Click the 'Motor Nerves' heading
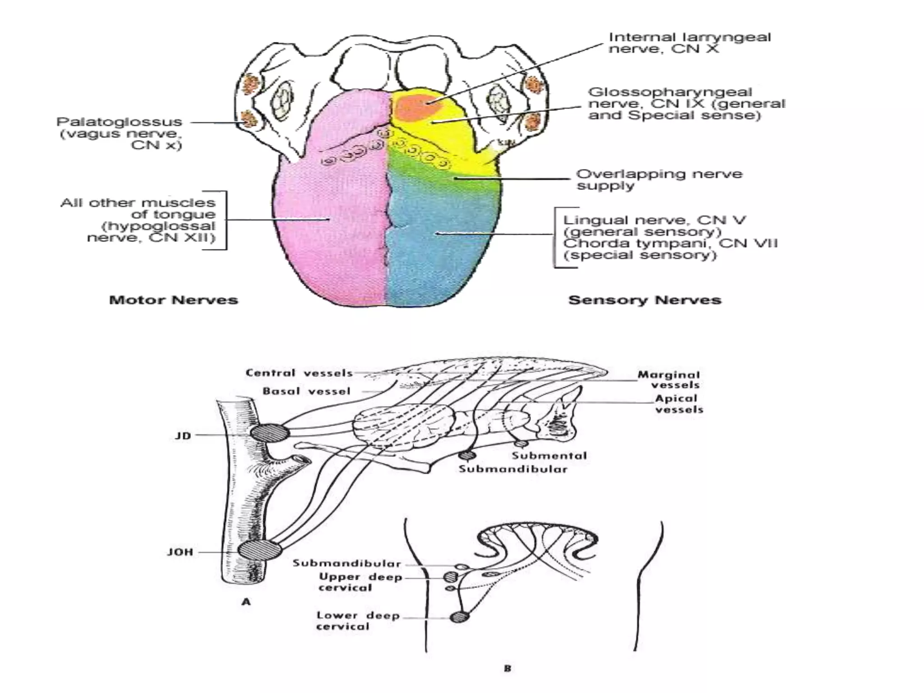(x=173, y=300)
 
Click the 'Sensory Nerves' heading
(x=645, y=300)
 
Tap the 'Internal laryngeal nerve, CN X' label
(x=689, y=43)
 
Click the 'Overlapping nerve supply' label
(x=659, y=180)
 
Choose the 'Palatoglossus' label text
(x=119, y=122)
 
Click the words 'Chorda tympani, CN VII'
(x=670, y=244)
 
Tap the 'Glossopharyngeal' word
(x=670, y=92)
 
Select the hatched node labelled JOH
(x=259, y=550)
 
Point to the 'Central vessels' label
(x=299, y=373)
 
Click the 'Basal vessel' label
(x=306, y=391)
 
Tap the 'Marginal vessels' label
(x=669, y=379)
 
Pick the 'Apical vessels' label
(x=679, y=404)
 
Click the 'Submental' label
(x=549, y=456)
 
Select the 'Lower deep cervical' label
(x=358, y=621)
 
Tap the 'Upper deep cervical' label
(x=360, y=582)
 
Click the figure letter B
(x=508, y=668)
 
